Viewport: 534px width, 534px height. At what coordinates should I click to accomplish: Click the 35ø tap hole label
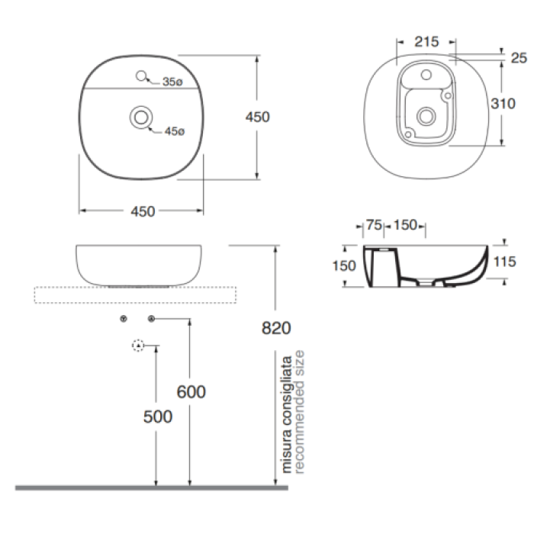[172, 82]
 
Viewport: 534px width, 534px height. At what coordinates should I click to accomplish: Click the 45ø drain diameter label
[175, 131]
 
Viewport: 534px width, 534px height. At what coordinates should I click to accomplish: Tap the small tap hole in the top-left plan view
[141, 76]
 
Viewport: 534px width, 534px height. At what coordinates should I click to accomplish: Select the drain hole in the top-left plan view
[141, 117]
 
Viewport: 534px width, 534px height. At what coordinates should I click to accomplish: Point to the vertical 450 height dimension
[258, 117]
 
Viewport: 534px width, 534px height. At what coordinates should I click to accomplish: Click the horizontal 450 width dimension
[143, 211]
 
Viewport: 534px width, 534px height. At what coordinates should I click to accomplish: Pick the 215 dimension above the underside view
[426, 42]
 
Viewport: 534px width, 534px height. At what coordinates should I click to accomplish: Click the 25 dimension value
[519, 58]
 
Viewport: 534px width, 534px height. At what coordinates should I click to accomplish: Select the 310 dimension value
[503, 103]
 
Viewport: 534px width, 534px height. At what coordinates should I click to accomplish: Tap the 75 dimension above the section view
[374, 225]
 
